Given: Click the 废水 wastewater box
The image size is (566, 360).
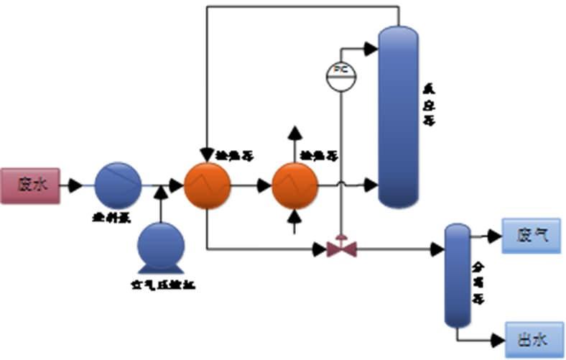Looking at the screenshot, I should point(30,185).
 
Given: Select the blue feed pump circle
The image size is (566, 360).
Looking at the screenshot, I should point(119,185).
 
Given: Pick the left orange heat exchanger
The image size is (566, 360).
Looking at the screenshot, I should point(207,185).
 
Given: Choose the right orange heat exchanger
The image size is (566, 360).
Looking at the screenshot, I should point(294,185).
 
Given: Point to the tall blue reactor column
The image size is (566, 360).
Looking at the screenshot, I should point(399,115).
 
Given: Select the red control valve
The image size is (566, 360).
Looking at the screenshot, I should point(342,249).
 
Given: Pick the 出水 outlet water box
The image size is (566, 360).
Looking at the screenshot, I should point(533,337).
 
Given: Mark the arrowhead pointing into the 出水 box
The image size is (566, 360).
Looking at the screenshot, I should point(496,337).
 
